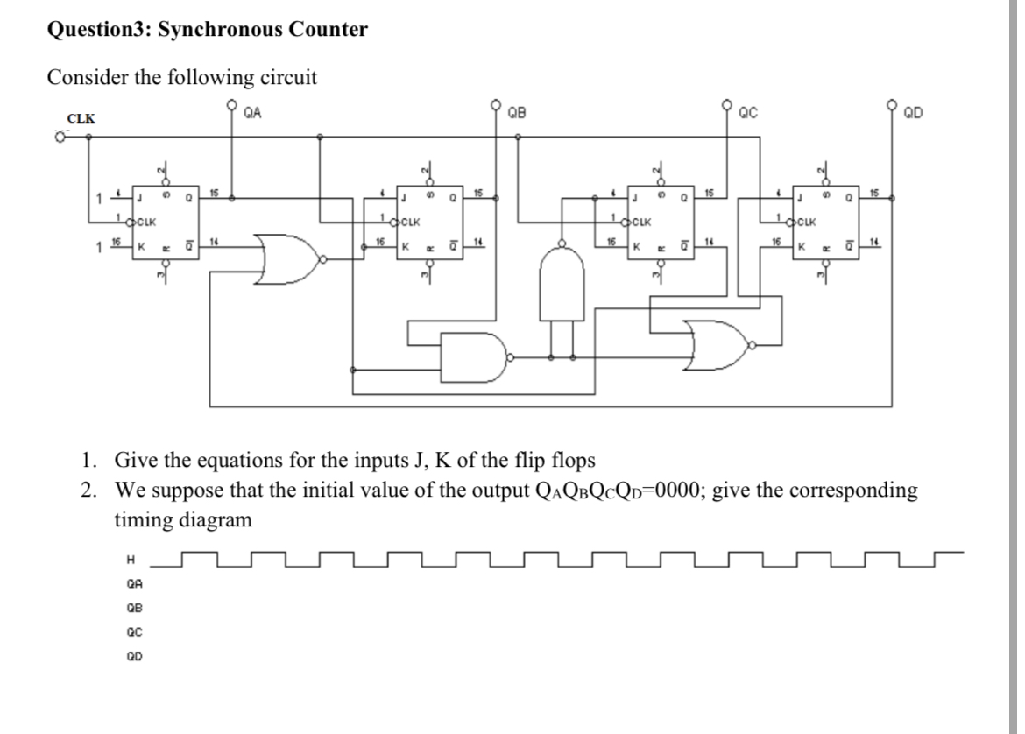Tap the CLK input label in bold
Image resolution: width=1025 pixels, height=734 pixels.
pyautogui.click(x=81, y=118)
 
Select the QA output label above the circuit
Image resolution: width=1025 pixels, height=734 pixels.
pyautogui.click(x=253, y=111)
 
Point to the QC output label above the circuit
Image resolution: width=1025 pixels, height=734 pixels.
pyautogui.click(x=748, y=111)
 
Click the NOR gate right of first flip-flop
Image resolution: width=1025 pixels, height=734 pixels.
pyautogui.click(x=288, y=259)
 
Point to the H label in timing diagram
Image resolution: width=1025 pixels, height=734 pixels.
pyautogui.click(x=131, y=558)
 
